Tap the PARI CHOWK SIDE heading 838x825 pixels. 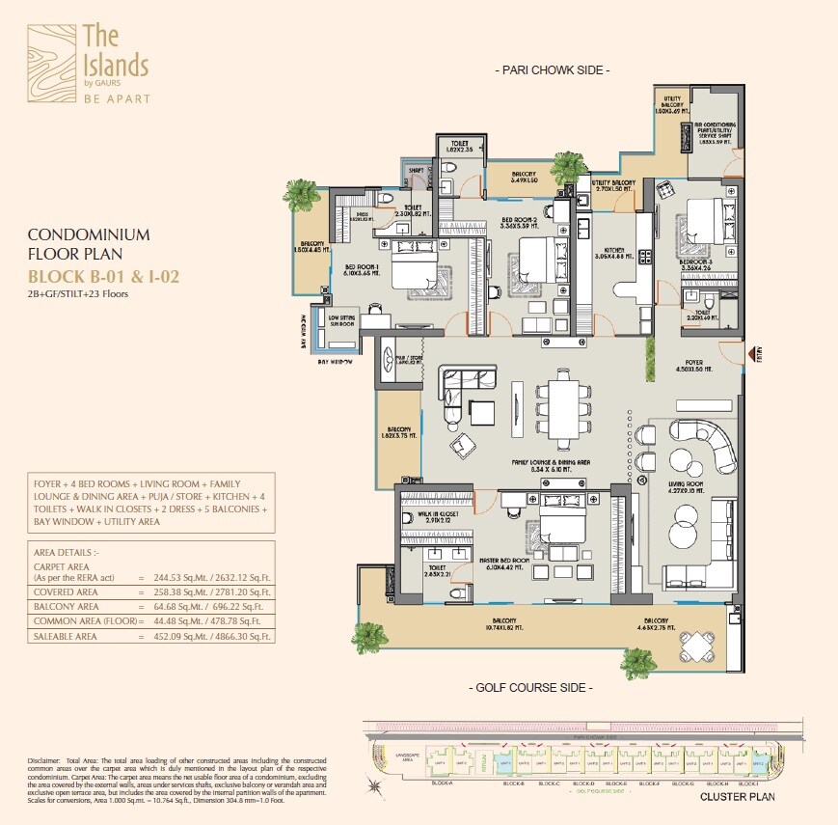[552, 70]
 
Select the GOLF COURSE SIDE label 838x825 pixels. [529, 687]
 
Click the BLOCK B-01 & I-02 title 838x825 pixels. [104, 277]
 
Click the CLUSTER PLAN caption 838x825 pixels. [736, 797]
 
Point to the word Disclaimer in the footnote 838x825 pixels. [45, 762]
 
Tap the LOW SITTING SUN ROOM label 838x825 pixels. [343, 320]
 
